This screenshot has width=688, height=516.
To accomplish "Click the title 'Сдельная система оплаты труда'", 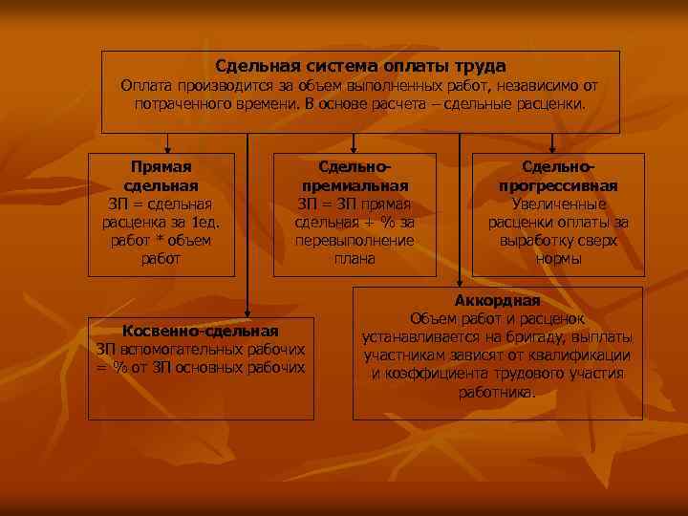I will click(x=360, y=67).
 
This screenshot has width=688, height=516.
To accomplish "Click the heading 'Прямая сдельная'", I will click(x=161, y=178).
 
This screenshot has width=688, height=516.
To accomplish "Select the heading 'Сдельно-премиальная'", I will click(x=355, y=178).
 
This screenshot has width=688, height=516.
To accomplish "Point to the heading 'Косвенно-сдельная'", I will click(x=201, y=331).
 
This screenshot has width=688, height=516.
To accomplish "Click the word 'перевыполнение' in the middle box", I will click(x=355, y=240).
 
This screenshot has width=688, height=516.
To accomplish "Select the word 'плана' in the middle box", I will click(x=355, y=258).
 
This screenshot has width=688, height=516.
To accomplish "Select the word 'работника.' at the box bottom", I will click(x=497, y=392).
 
